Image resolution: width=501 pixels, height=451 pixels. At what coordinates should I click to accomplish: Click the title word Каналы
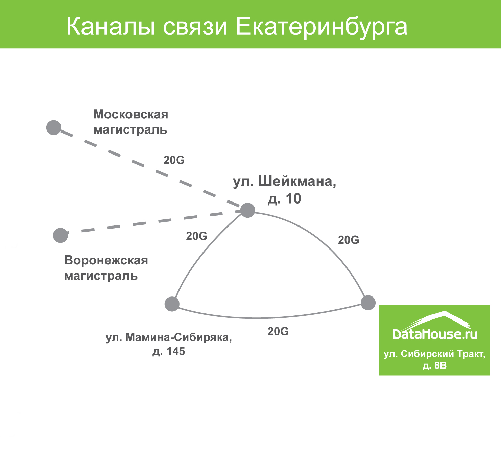coord(111,27)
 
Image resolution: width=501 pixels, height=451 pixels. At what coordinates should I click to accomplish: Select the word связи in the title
coord(195,27)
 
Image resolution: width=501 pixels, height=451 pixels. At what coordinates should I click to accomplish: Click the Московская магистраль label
coord(130,122)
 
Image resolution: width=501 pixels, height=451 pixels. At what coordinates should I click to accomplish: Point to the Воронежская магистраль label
coord(106,268)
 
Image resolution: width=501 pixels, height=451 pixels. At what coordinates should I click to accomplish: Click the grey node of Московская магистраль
coord(54,127)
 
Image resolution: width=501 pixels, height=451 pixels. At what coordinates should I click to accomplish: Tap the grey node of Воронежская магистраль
coord(61,235)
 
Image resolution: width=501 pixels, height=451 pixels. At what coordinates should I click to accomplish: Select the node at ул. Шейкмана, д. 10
coord(248,210)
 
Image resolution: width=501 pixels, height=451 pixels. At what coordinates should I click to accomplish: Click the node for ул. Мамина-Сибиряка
coord(172,304)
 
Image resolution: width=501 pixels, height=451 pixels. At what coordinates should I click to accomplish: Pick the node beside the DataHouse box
coord(368,303)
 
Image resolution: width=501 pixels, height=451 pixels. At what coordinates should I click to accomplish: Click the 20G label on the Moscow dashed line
coord(174,160)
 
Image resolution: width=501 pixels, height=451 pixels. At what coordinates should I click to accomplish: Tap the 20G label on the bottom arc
coord(278,331)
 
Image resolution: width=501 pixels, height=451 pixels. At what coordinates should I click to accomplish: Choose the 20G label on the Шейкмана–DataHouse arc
coord(349,240)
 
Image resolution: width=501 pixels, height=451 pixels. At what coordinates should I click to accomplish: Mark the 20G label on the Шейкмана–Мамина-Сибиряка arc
coord(196,236)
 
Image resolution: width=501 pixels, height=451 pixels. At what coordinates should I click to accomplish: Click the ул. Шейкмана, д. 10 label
coord(284,190)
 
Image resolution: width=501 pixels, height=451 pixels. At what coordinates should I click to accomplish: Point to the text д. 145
coord(169,351)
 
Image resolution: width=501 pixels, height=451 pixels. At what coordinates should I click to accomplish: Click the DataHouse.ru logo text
coord(435,334)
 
